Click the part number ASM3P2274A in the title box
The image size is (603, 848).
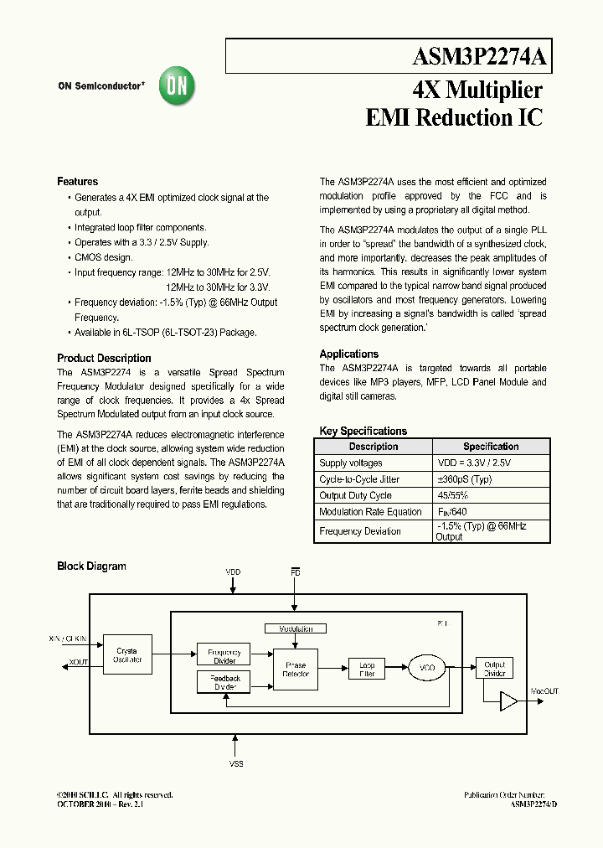coord(479,57)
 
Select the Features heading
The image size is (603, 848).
coord(77,182)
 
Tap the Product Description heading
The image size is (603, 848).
coord(104,358)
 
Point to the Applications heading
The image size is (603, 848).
coord(348,354)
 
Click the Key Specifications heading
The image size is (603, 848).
coord(363,431)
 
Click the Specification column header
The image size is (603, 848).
coord(491,447)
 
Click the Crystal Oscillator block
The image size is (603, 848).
coord(127,655)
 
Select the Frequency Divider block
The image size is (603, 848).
coord(224,656)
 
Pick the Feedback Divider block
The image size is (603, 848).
coord(224,682)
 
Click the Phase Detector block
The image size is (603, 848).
coord(296,670)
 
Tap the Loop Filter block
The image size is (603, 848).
coord(367,669)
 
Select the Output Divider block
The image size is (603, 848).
coord(494,669)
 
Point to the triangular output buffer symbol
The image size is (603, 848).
coord(508,701)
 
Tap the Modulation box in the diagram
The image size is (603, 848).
coord(290,628)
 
